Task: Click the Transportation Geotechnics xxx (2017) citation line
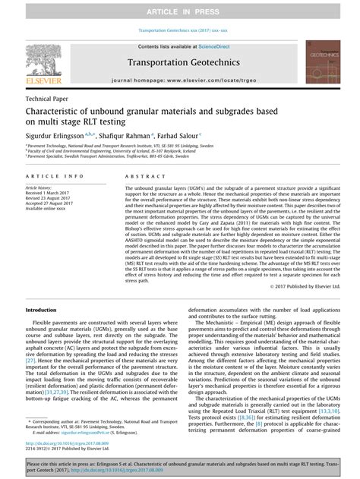pyautogui.click(x=180, y=32)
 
